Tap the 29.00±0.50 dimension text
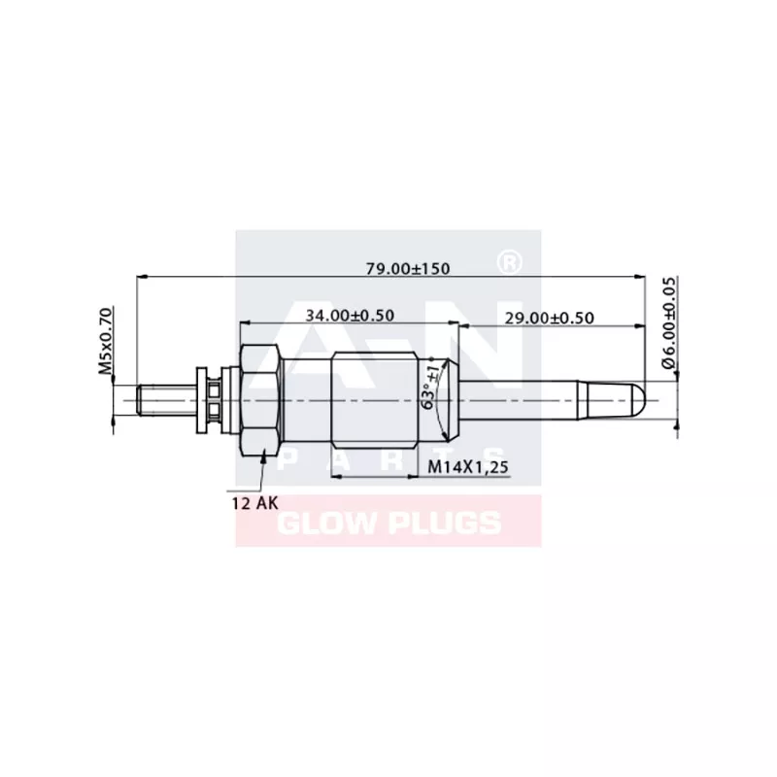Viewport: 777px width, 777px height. (549, 318)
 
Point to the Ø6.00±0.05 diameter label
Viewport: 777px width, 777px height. (668, 321)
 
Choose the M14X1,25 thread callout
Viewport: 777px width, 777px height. (468, 468)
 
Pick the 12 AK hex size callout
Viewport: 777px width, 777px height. (252, 502)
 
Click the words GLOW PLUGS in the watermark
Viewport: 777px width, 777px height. (389, 524)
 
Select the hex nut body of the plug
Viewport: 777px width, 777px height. (260, 399)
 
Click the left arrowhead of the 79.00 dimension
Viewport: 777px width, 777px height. (142, 277)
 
